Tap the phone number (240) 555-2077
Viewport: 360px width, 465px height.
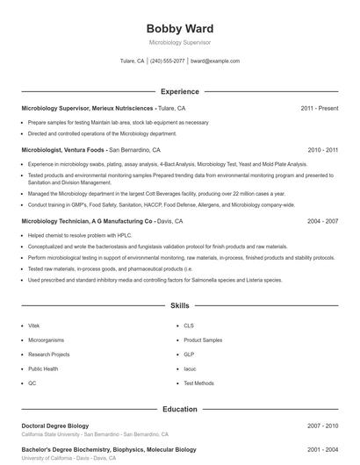[x=167, y=61]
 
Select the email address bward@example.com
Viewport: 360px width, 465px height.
[x=215, y=61]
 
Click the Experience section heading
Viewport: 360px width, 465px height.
[x=179, y=91]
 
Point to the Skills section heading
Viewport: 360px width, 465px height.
[x=179, y=306]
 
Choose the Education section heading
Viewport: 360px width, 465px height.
[x=179, y=409]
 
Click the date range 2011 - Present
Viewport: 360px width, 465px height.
[x=319, y=108]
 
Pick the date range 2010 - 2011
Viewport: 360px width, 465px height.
[x=322, y=150]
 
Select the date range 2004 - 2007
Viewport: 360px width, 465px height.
[x=322, y=222]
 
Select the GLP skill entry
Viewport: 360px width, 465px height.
[x=189, y=354]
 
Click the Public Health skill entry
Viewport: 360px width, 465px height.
[x=44, y=369]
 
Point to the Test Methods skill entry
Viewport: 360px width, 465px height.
[x=198, y=383]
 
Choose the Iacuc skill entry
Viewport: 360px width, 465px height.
[x=190, y=369]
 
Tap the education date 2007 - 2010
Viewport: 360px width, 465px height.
[x=322, y=426]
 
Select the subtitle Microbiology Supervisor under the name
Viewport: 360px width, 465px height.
[x=179, y=42]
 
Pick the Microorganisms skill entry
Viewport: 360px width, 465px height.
[x=46, y=340]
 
